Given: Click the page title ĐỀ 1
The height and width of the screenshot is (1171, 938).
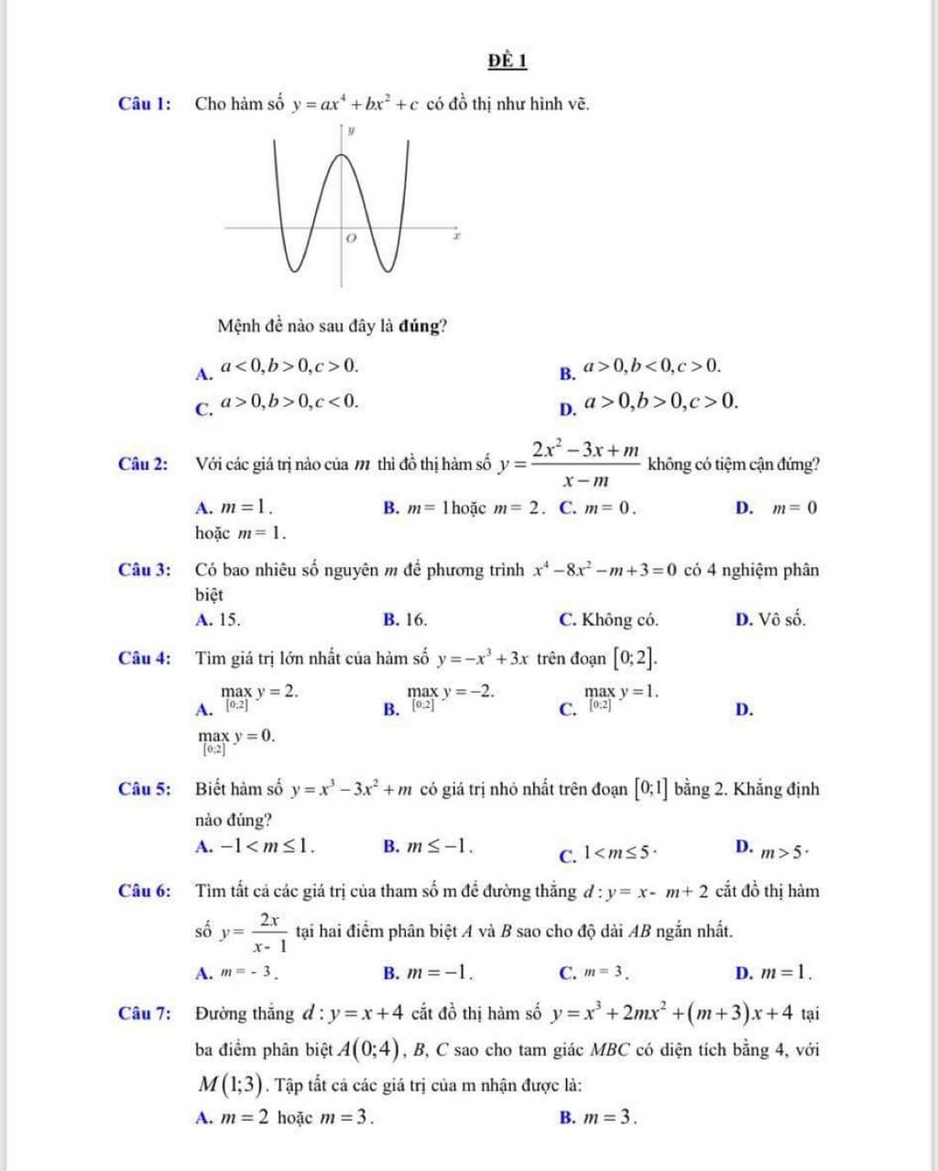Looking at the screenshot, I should (507, 60).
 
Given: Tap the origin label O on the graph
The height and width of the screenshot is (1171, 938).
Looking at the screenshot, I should (349, 237).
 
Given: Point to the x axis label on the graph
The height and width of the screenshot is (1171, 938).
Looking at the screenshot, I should (457, 236).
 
